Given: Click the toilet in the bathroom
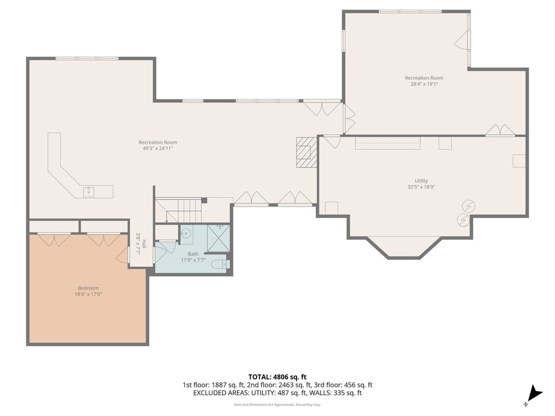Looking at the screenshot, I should tap(219, 264).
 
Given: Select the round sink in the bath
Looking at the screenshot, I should tap(186, 233).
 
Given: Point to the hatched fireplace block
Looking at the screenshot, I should tap(306, 153).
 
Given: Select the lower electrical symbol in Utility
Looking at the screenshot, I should tap(462, 220).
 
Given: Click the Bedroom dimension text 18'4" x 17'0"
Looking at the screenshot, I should tap(88, 294).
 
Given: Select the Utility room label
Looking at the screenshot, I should tap(421, 181).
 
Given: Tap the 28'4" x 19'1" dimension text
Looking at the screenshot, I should tap(424, 84).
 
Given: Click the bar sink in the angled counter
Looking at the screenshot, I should tap(88, 191).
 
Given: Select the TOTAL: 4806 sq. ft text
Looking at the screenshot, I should tap(277, 377).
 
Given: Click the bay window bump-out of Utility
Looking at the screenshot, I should tap(404, 246).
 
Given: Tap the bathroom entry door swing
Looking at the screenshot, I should tap(160, 252).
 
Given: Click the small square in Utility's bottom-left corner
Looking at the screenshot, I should tap(331, 208).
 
